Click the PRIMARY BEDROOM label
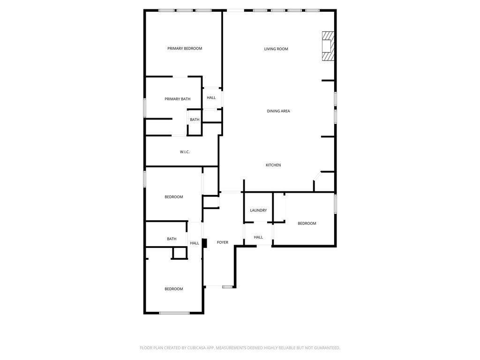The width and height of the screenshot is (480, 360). (185, 48)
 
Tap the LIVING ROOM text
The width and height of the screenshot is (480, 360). (276, 49)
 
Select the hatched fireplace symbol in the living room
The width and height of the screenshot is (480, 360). (328, 46)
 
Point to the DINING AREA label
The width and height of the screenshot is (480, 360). (278, 111)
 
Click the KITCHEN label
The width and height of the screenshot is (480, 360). (273, 165)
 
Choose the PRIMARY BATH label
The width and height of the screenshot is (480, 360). (177, 99)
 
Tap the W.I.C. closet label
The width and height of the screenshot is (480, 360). (185, 152)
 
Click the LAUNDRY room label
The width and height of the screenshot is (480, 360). (258, 210)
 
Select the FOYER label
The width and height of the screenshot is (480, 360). (223, 242)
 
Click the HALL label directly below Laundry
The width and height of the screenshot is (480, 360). (258, 237)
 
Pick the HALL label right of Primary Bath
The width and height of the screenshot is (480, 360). (211, 97)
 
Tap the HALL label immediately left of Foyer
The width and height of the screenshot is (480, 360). (195, 243)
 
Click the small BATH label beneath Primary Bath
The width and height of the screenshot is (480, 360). (195, 120)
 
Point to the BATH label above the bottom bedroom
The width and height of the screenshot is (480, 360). (172, 239)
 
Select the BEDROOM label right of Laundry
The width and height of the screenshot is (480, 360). (307, 224)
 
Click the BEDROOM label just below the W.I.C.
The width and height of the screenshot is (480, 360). (173, 197)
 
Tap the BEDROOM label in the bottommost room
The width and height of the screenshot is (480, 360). (173, 289)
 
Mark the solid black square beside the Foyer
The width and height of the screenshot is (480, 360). (204, 243)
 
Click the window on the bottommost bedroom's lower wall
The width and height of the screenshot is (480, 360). (174, 313)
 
